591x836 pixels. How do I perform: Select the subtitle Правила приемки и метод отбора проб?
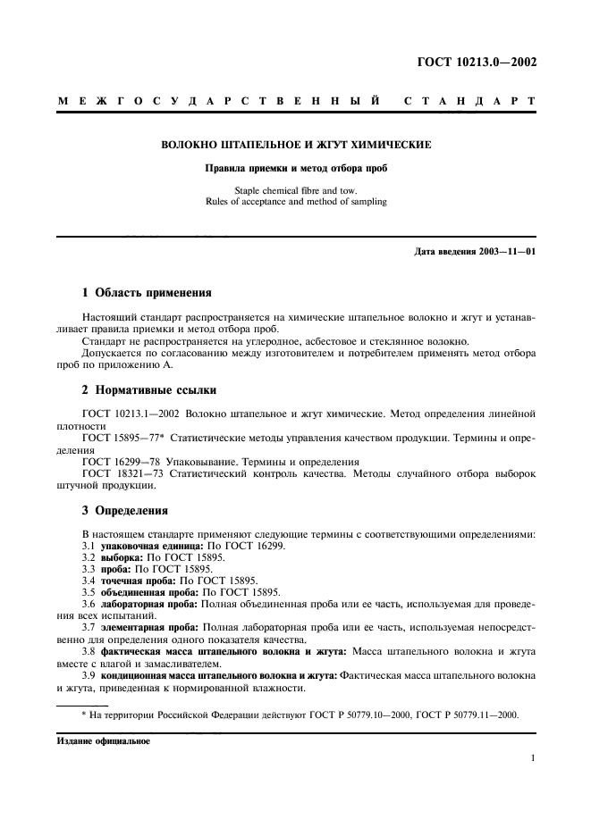tap(298, 168)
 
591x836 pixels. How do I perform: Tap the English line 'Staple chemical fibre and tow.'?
tap(298, 190)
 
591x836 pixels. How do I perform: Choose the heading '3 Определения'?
tap(119, 511)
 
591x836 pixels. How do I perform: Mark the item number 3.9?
tap(89, 675)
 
